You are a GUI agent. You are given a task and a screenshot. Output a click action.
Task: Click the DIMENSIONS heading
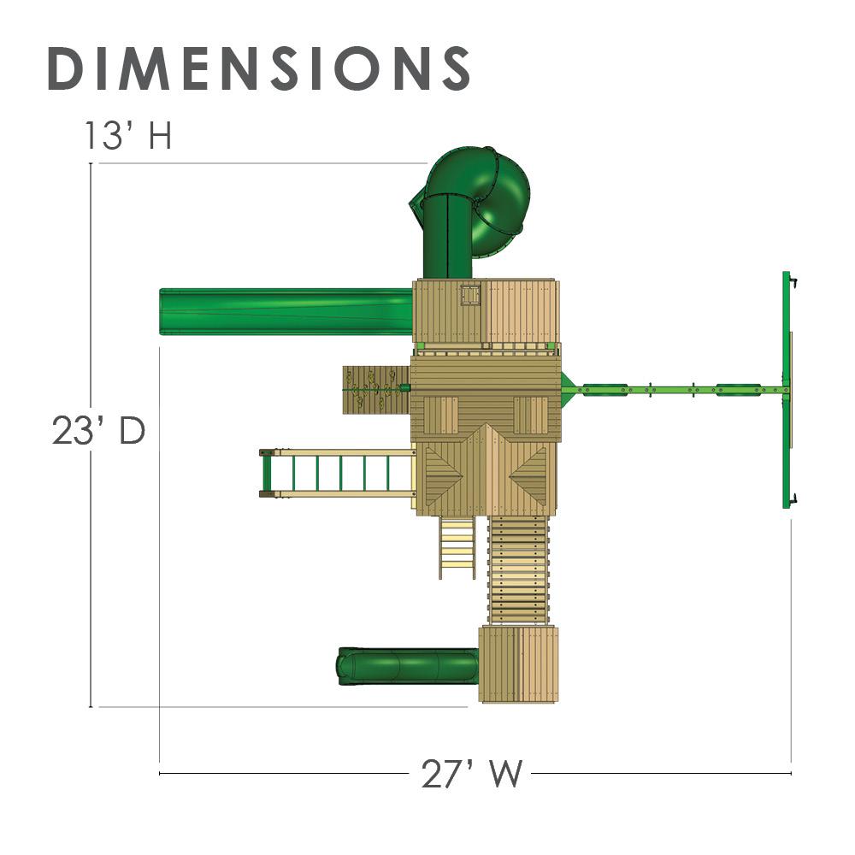coord(259,68)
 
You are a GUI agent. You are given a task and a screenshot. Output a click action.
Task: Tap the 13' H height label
coord(128,135)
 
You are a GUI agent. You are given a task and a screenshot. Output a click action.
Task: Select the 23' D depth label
coord(98,431)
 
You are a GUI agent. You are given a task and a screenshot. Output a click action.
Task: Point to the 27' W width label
coord(472,773)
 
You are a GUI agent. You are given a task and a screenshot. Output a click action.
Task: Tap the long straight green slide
coord(286,311)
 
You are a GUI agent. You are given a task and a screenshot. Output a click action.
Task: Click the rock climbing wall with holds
coord(376,389)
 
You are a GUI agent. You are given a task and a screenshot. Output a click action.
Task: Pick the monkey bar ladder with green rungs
coord(338,474)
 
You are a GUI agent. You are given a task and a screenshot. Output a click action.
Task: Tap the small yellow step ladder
coord(457,548)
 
